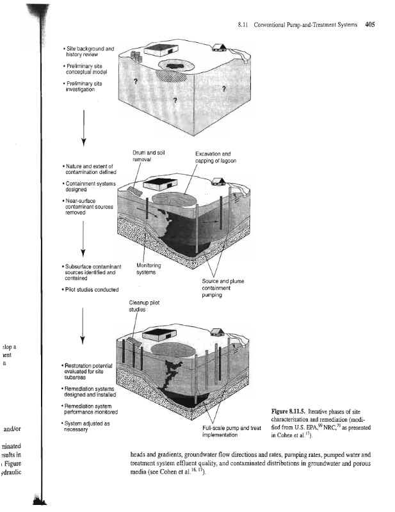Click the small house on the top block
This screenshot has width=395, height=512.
(x=220, y=46)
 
